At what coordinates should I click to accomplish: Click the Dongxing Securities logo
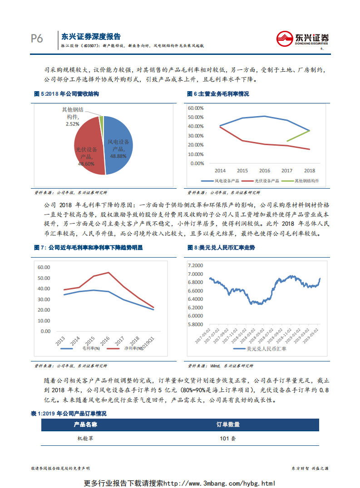coord(302,39)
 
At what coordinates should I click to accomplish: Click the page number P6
coord(37,39)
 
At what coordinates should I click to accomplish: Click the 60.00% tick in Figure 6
coord(196,108)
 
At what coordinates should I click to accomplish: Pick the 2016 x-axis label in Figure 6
coord(265,171)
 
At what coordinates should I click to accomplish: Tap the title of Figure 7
coord(89,248)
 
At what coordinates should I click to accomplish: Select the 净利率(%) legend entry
coord(122,348)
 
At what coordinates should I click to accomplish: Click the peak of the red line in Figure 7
coord(108,273)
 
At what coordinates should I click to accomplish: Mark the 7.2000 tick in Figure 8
coord(195,265)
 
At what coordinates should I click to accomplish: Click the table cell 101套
coord(228,439)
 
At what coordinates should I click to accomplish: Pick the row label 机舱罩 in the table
coord(85,439)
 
